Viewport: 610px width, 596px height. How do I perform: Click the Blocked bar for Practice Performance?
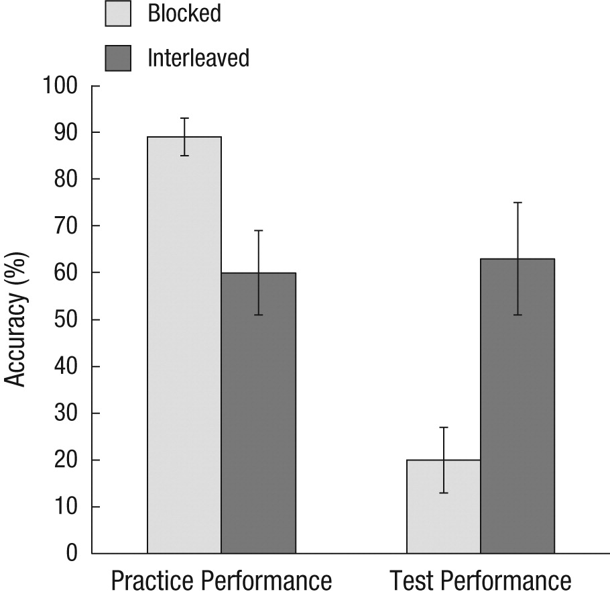coord(184,345)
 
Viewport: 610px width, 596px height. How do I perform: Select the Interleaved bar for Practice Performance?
coord(258,413)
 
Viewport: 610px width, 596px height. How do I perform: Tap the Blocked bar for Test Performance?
coord(443,507)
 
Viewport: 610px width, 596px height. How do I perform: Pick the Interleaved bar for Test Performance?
coord(517,406)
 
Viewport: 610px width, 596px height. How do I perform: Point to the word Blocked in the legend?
coord(184,13)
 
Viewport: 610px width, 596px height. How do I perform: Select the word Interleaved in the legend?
coord(198,58)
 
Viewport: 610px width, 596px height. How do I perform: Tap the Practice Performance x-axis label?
coord(221,581)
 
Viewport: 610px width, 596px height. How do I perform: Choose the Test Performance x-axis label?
coord(480,581)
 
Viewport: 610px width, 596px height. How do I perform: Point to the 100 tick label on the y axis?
coord(61,87)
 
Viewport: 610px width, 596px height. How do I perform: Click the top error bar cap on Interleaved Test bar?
coord(517,202)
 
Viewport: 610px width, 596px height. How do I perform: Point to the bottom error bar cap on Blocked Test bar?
coord(443,493)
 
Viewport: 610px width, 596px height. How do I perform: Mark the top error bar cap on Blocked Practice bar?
coord(184,118)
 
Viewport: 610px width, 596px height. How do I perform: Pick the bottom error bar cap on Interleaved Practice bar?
coord(258,315)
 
